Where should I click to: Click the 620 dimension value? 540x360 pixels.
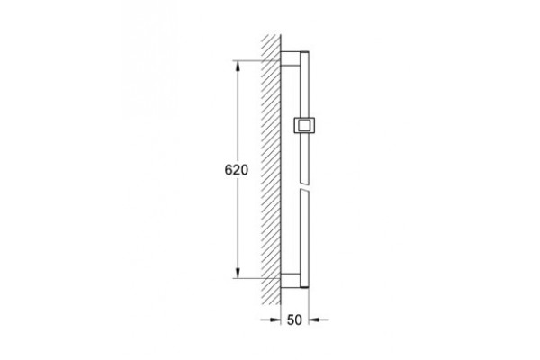click(236, 170)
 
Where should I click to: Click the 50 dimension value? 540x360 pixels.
click(294, 320)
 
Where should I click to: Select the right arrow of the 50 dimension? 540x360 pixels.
click(319, 320)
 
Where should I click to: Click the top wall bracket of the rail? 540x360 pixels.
click(291, 58)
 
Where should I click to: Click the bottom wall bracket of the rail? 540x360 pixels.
click(291, 281)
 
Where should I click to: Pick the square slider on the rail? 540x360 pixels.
click(304, 125)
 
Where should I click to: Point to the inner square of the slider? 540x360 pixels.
click(304, 125)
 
